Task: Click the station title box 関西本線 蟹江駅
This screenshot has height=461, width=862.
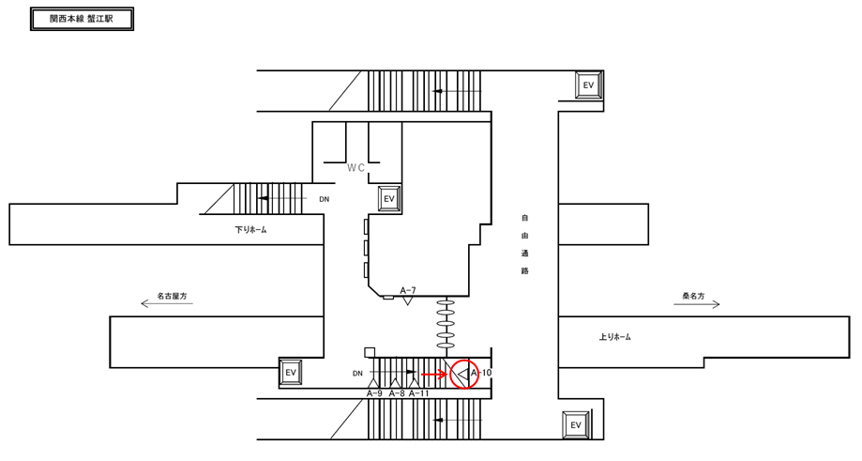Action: point(82,18)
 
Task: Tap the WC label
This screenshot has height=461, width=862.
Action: point(355,168)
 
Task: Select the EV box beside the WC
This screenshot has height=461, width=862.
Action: point(389,199)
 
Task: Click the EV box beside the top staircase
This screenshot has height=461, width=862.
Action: point(589,85)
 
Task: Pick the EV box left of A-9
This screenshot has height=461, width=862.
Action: point(291,373)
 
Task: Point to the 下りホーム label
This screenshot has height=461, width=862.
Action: point(250,229)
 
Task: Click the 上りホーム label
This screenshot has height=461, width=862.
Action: point(614,336)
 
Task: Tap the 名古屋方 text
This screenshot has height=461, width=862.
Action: point(172,295)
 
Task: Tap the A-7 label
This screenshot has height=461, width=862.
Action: point(408,290)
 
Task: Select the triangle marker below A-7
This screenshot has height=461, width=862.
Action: point(408,301)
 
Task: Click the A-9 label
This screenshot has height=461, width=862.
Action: point(374,393)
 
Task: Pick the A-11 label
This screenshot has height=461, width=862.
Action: point(419,393)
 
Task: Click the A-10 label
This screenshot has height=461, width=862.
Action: point(481,373)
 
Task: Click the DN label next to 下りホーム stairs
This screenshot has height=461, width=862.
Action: point(324,199)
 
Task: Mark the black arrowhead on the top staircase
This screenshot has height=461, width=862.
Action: point(437,91)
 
